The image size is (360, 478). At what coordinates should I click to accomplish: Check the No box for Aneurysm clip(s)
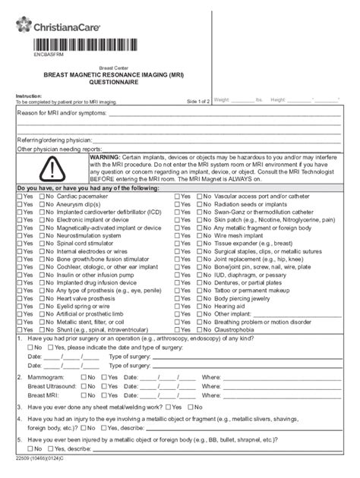43,205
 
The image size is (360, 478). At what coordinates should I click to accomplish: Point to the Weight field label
223,99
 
